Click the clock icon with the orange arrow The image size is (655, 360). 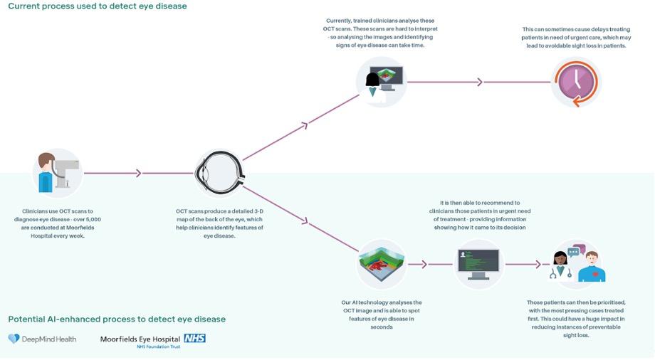pos(577,82)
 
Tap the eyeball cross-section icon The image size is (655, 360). pos(220,173)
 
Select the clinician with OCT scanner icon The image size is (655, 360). pos(56,173)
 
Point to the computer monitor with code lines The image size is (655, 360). pos(478,264)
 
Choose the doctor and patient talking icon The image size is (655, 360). pos(577,264)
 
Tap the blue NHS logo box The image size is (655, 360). pos(194,338)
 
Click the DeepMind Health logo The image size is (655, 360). pos(42,339)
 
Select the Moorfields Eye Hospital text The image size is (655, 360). pos(141,339)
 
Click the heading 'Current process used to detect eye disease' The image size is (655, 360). pos(98,6)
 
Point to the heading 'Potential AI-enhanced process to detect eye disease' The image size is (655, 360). pos(117,319)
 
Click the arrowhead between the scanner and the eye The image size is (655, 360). pos(139,173)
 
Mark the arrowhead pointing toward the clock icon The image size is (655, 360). pos(480,82)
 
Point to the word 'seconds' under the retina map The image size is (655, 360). pos(382,327)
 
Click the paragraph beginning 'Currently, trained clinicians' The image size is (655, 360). pos(382,33)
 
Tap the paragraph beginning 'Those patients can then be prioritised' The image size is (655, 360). pos(576,318)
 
